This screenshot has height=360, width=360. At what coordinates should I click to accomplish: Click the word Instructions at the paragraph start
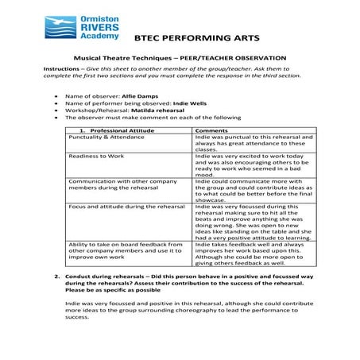[60, 69]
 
